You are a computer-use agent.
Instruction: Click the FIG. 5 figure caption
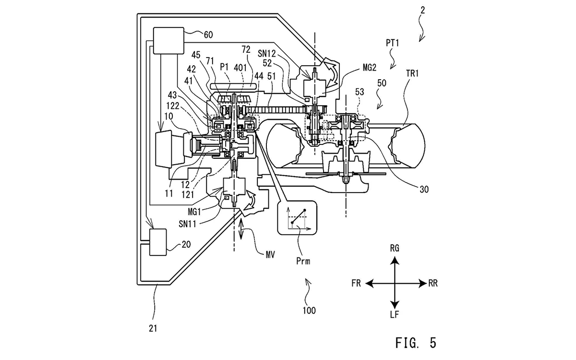[416, 343]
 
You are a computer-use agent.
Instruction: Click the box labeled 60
[168, 41]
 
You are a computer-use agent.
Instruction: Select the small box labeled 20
[158, 242]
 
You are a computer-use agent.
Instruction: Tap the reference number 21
[153, 328]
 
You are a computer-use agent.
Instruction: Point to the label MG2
[370, 68]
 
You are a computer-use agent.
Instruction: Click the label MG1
[194, 212]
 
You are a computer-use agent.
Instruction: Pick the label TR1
[412, 73]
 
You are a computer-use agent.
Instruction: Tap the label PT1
[393, 43]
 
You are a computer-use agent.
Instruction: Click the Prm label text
[303, 261]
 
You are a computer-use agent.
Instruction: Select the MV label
[270, 255]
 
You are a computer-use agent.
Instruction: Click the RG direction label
[395, 249]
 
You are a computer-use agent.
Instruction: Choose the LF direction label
[395, 315]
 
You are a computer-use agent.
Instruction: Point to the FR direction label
[356, 283]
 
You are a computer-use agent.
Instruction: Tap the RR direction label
[433, 283]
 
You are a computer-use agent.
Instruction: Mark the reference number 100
[309, 311]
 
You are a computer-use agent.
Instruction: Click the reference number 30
[424, 190]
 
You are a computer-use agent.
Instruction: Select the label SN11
[188, 224]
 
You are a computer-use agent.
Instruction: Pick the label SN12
[267, 53]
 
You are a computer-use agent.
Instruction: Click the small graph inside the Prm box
[298, 218]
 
